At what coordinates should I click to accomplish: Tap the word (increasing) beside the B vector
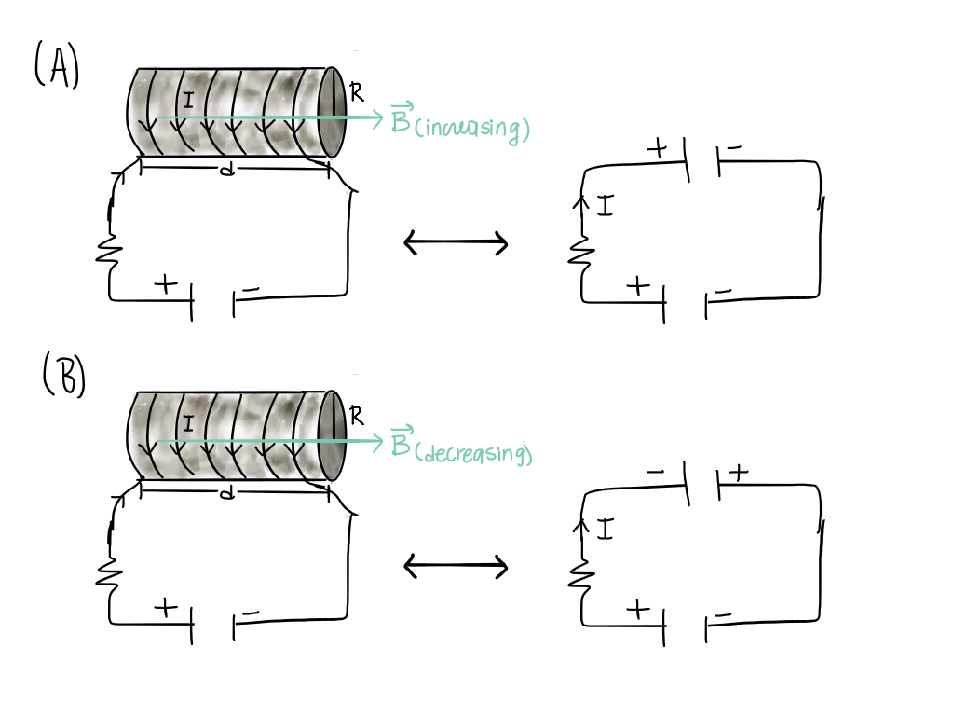(471, 129)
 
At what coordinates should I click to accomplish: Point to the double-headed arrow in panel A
(456, 245)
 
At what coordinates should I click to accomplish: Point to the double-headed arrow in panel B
(456, 566)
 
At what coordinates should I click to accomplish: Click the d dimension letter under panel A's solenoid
(225, 171)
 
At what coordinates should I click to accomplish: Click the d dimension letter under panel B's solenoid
(225, 492)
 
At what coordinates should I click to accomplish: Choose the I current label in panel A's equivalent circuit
(605, 206)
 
